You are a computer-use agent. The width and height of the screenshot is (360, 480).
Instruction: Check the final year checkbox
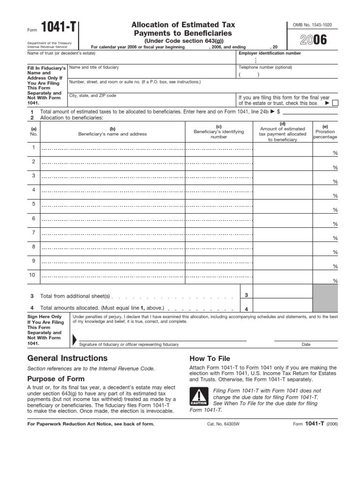pos(334,103)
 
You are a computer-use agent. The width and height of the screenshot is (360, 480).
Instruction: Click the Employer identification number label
pos(270,53)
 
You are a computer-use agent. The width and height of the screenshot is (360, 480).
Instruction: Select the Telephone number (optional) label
pos(265,67)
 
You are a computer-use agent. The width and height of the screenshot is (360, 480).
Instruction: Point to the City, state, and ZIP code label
pos(93,96)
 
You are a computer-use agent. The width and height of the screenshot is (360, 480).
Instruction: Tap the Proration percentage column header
pos(325,132)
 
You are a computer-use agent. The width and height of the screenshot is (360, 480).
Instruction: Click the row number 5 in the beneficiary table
pos(33,204)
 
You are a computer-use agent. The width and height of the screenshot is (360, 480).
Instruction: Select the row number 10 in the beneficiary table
pos(33,275)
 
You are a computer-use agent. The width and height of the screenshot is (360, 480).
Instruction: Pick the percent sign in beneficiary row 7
pos(335,238)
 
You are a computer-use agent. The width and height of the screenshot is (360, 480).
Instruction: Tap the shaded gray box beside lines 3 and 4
pos(325,299)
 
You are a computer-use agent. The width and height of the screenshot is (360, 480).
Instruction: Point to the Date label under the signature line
pos(306,345)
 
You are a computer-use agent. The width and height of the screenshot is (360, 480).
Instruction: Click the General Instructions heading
pos(68,359)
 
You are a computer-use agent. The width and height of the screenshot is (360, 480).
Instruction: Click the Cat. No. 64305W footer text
pos(223,424)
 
